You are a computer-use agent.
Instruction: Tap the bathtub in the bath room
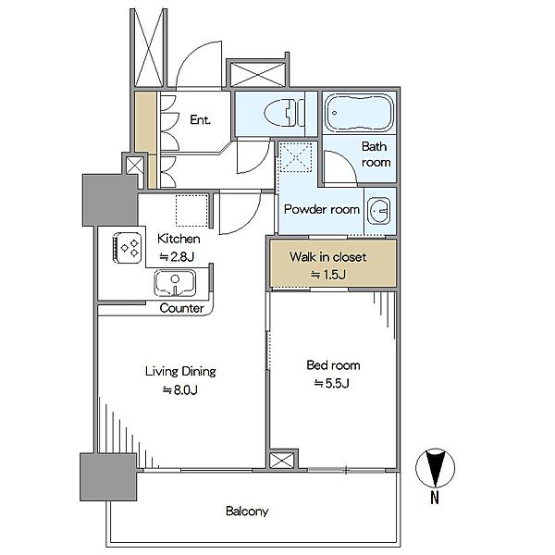point(359,113)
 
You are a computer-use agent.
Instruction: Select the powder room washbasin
point(378,211)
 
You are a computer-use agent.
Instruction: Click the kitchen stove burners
point(128,247)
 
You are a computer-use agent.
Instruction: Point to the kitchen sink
point(175,283)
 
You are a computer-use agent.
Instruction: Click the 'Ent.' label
point(200,119)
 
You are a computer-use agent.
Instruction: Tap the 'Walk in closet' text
point(327,256)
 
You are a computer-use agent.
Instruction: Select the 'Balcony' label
point(247,512)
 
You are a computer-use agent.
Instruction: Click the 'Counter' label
point(181,308)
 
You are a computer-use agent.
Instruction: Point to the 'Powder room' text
point(322,209)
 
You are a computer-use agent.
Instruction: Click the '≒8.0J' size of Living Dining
point(180,389)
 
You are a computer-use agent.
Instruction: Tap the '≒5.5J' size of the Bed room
point(332,383)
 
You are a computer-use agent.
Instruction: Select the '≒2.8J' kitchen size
point(177,256)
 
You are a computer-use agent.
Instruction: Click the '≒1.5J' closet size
point(328,275)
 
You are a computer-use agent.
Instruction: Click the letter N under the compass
point(435,498)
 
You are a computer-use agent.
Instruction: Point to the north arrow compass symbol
point(435,468)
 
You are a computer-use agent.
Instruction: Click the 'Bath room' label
point(376,154)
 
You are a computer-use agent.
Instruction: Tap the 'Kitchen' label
point(179,239)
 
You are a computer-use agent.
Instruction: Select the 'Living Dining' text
point(180,371)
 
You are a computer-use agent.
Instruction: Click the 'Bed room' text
point(333,365)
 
